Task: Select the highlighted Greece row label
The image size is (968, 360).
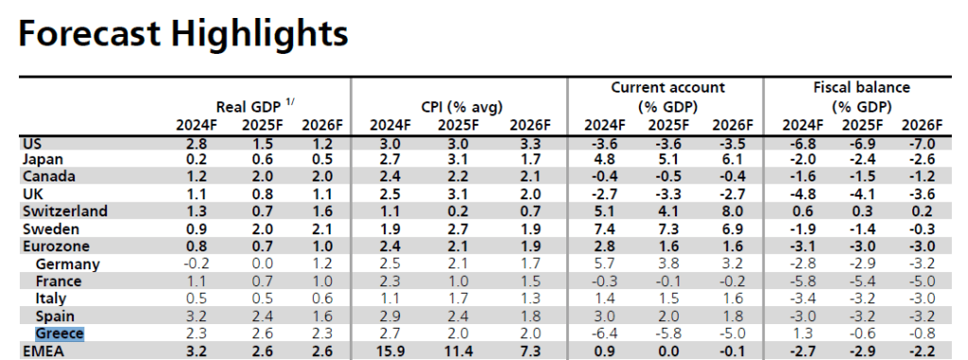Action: click(60, 334)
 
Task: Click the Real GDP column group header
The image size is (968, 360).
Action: click(251, 107)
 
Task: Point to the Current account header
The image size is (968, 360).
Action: click(668, 88)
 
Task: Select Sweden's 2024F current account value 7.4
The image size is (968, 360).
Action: click(604, 229)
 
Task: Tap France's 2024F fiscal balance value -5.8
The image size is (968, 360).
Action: click(799, 282)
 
